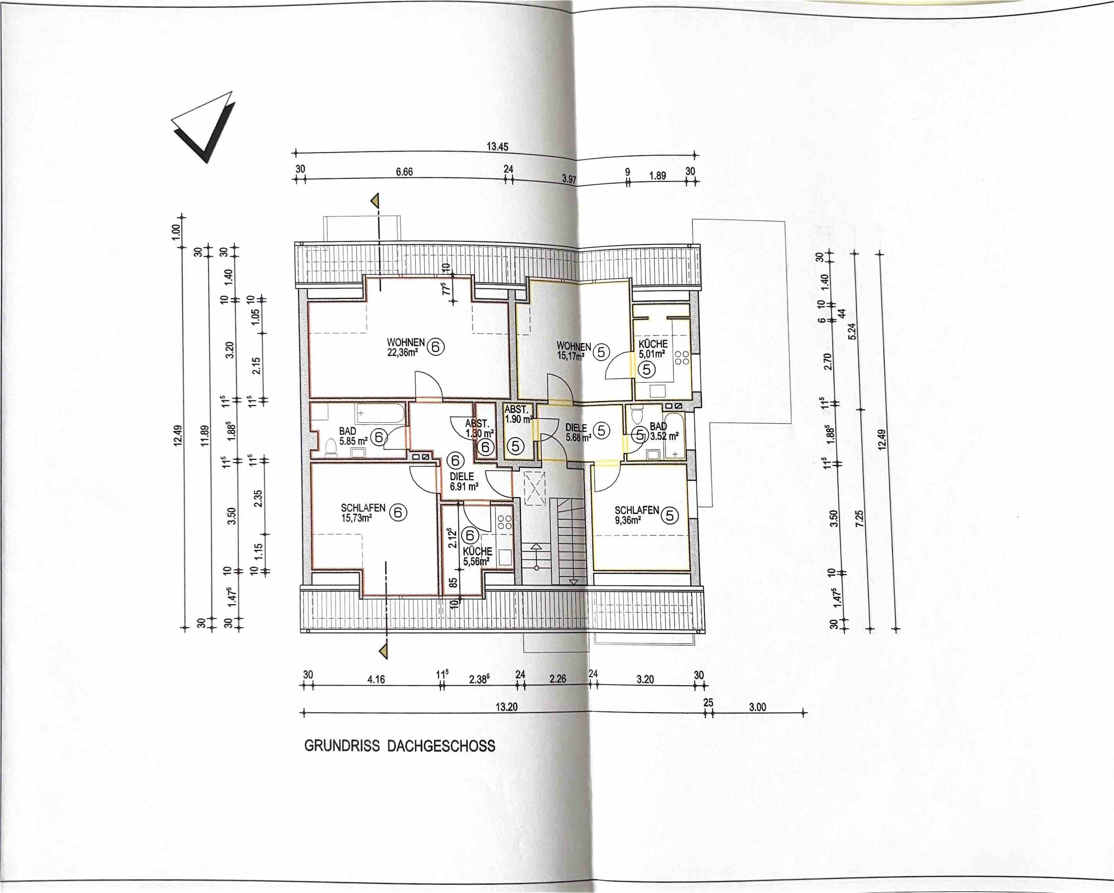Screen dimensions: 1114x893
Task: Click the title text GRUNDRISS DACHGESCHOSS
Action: coord(399,746)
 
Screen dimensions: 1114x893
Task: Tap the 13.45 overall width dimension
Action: coord(497,146)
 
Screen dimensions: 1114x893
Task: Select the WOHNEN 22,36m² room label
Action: coord(406,347)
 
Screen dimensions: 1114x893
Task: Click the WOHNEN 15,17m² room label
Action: coord(573,351)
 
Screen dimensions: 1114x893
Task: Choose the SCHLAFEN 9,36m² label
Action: coord(636,515)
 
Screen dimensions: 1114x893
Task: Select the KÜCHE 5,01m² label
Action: coord(653,349)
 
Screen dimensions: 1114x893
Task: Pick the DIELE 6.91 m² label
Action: coord(464,481)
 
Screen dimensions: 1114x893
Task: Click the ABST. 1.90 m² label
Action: coord(518,414)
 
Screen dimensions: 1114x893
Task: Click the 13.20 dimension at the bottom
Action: coord(507,707)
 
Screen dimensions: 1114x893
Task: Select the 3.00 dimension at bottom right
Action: coord(757,707)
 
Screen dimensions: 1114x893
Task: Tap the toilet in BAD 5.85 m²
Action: coord(330,447)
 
